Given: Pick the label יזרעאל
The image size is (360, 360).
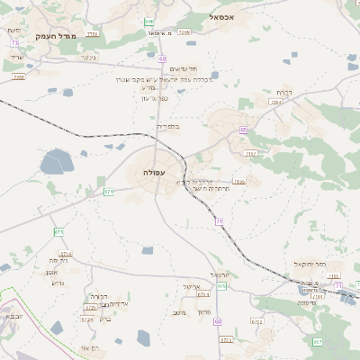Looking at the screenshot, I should tap(220, 274).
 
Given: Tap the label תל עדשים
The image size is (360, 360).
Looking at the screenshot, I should tap(183, 69).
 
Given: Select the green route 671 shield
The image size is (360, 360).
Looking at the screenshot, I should tap(109, 191).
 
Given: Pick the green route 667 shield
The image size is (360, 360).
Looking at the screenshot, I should tap(317, 341).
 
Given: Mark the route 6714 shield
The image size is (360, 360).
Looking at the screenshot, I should tap(66, 255).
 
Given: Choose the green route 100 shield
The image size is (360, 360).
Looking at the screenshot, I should tap(149, 21).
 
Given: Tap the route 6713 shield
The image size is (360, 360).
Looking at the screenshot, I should tap(226, 340).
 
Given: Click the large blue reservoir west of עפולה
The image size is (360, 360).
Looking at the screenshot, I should tap(56, 163).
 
